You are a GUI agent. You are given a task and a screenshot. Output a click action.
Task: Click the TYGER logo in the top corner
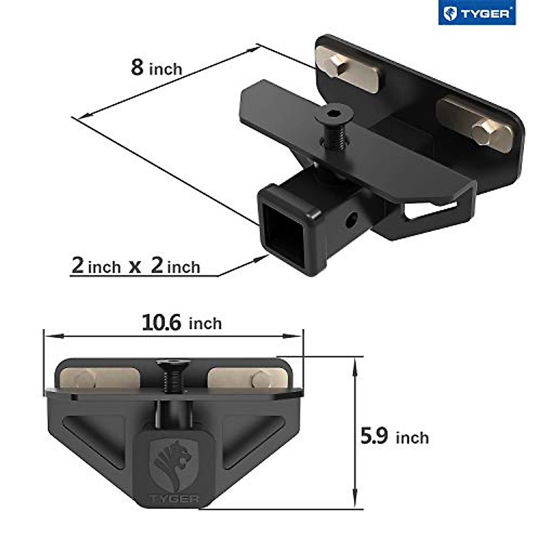point(477,13)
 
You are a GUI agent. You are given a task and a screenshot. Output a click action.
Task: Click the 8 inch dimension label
point(156,68)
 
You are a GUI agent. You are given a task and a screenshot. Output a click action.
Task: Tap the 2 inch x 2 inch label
point(136,266)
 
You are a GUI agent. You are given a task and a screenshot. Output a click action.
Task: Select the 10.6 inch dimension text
point(182,323)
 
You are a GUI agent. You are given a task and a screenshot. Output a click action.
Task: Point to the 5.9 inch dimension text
point(394,437)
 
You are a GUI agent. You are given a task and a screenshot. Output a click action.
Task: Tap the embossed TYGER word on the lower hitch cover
point(174,499)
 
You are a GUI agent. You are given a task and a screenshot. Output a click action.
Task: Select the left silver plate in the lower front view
point(100,380)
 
